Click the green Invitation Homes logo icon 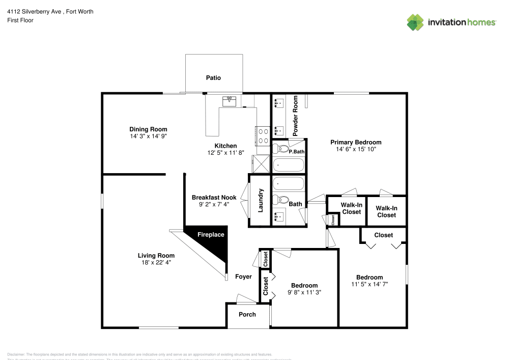(x=415, y=22)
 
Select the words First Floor (x=20, y=20)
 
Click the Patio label (x=213, y=78)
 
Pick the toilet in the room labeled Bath (x=280, y=199)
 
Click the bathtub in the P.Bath (x=288, y=165)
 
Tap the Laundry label (x=261, y=201)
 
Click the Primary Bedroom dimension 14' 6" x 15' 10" (x=356, y=150)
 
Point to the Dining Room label (x=148, y=129)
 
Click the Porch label (x=247, y=314)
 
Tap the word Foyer (x=243, y=277)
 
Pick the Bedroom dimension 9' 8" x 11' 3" (x=304, y=293)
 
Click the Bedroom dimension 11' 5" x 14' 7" (x=370, y=284)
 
